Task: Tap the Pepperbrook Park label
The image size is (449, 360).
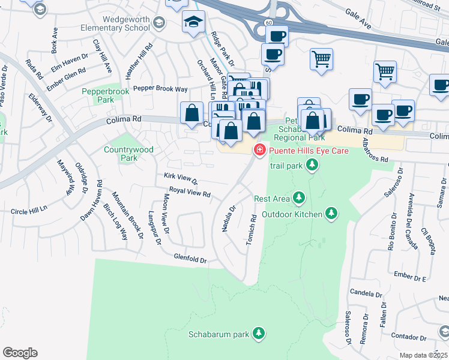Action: [98, 96]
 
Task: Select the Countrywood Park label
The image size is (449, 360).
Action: [128, 154]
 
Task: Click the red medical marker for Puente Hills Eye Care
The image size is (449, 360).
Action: [260, 150]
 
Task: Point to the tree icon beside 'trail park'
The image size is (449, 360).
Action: [312, 165]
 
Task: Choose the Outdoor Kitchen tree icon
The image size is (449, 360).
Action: [331, 213]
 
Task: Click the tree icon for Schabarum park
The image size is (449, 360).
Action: [259, 333]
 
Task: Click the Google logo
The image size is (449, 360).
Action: [20, 353]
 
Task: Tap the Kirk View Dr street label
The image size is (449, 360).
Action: [181, 179]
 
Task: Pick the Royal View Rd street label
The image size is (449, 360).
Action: [190, 192]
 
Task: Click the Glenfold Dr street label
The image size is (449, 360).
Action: [190, 259]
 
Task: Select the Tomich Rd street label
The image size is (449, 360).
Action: [252, 230]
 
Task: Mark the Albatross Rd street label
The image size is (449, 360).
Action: [376, 149]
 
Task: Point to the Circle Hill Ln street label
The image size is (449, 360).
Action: [29, 211]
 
